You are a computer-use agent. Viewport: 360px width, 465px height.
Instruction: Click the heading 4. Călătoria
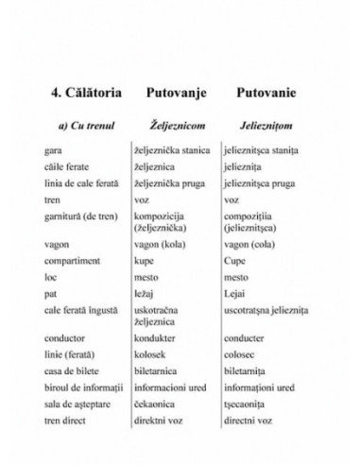click(85, 95)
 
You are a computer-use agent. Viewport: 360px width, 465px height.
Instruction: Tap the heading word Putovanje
click(176, 95)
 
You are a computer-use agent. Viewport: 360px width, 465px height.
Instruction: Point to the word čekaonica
click(155, 405)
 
